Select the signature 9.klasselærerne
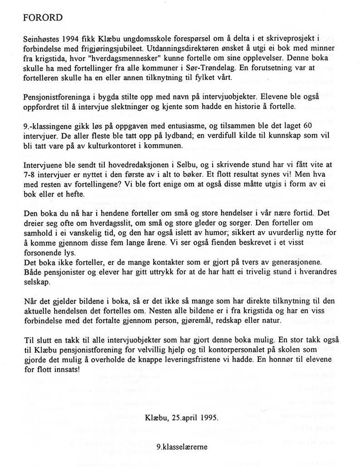180,446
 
